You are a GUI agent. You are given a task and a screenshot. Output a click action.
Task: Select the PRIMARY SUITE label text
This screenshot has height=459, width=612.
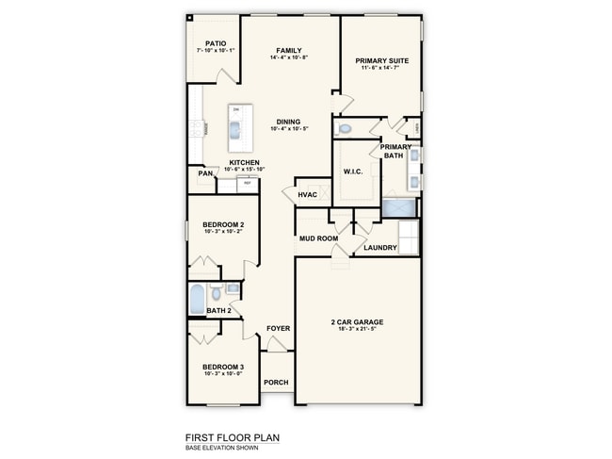[381, 61]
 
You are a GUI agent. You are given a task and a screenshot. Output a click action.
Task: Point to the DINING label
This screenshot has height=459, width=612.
[289, 122]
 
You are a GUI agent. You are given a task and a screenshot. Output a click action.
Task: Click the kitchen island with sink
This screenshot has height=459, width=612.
[236, 127]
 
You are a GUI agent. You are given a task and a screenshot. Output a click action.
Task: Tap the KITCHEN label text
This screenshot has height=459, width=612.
[245, 162]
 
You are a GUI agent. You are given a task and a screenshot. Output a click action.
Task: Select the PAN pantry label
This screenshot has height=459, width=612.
[204, 173]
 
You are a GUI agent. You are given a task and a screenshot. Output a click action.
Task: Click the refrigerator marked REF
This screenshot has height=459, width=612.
[247, 183]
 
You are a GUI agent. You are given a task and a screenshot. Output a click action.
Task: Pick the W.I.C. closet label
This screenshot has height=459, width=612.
[354, 172]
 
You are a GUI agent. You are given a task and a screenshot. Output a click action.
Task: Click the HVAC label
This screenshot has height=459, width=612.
[306, 195]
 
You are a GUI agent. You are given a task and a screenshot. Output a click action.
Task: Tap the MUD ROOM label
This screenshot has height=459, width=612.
[318, 239]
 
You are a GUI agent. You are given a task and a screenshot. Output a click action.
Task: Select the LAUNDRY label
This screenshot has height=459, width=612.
[380, 248]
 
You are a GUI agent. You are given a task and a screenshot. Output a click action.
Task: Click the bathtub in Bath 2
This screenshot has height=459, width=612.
[197, 299]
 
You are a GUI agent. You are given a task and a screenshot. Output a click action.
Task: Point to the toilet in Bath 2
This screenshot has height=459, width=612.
[217, 292]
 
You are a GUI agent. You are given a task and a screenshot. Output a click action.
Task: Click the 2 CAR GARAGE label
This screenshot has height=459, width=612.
[357, 322]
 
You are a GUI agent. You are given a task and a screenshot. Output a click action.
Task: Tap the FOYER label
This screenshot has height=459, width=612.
[278, 328]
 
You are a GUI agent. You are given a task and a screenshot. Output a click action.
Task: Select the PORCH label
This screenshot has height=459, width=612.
[276, 382]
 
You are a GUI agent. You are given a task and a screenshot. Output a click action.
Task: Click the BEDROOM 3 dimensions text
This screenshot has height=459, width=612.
[223, 374]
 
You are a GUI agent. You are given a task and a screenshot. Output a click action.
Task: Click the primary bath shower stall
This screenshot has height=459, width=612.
[396, 207]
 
